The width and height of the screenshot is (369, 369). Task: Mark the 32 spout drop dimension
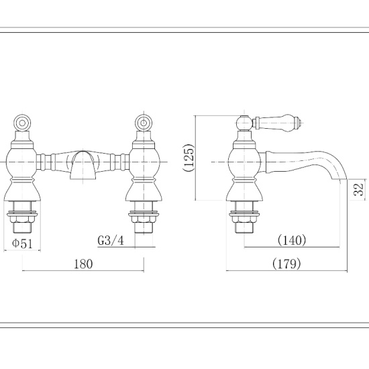[x=358, y=189]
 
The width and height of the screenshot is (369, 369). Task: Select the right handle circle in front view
[x=143, y=123]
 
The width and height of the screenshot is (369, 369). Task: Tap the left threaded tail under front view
[x=23, y=220]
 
